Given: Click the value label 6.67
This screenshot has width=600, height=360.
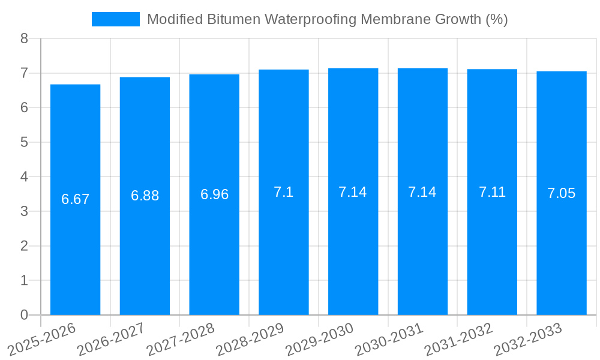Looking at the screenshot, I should [x=75, y=199].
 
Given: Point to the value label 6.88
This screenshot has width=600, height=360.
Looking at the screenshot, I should [x=145, y=196].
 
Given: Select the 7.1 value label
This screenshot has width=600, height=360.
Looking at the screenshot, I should [x=284, y=192].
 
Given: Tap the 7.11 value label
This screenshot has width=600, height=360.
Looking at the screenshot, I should [x=492, y=192].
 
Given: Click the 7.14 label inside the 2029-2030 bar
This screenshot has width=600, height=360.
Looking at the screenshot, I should [x=353, y=192].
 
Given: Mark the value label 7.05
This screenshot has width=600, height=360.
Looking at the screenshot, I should [x=562, y=193].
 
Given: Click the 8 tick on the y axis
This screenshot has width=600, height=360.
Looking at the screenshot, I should [x=24, y=39].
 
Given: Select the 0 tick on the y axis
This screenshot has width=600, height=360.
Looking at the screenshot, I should [x=24, y=315].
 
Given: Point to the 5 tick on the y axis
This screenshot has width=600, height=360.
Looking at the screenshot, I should [x=24, y=142].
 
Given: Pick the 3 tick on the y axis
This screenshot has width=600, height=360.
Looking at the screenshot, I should [x=24, y=211].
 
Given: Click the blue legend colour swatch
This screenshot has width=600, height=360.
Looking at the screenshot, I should [x=115, y=19].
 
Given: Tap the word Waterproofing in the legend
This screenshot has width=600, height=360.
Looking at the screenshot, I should [x=301, y=19].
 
